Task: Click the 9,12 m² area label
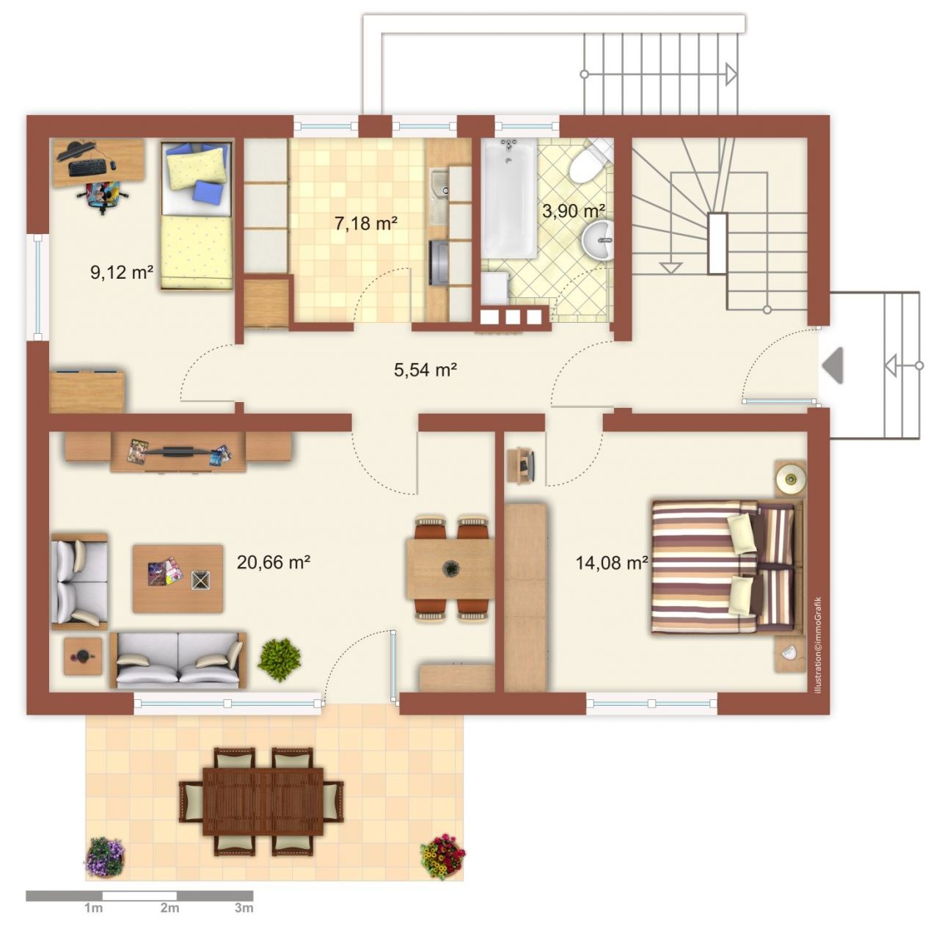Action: click(x=122, y=272)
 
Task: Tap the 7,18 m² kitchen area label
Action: click(x=366, y=223)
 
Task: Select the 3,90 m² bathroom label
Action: click(x=574, y=211)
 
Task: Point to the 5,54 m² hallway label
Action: click(x=425, y=370)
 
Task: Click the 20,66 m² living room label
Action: click(x=274, y=562)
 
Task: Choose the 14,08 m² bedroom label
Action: click(x=612, y=563)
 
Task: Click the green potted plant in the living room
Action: click(x=279, y=659)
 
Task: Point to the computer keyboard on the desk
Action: click(x=87, y=168)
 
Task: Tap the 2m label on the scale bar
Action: click(x=169, y=908)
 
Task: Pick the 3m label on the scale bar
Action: click(x=244, y=908)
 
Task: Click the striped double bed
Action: click(x=727, y=566)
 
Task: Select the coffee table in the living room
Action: click(x=178, y=579)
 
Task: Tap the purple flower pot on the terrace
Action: click(x=105, y=856)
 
